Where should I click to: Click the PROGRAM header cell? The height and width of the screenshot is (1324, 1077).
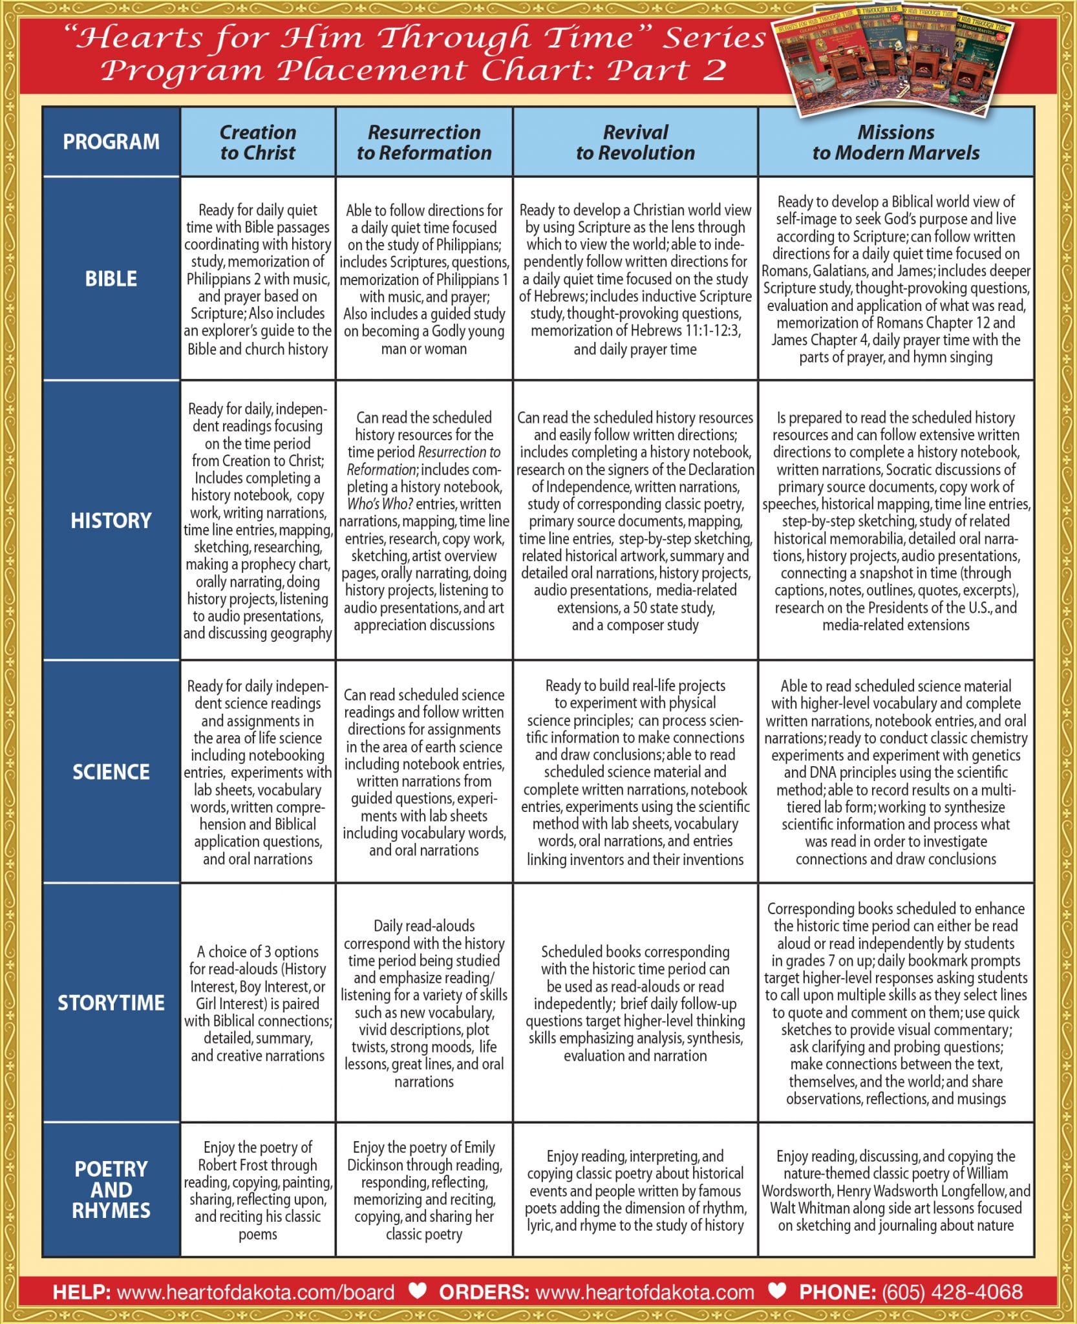(111, 142)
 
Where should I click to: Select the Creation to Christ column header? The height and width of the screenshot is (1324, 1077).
(258, 142)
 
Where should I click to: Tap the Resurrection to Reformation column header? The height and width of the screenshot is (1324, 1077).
(424, 142)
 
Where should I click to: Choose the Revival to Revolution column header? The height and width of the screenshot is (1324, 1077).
(635, 142)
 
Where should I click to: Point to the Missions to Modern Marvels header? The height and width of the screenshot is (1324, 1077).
(896, 142)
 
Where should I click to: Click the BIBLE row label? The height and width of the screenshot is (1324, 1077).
(111, 279)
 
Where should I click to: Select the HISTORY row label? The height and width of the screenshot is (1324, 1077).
(111, 520)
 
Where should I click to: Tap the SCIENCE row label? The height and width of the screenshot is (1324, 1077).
(111, 772)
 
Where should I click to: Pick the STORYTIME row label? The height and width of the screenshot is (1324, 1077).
(111, 1003)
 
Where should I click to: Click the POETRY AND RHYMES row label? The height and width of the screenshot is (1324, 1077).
(111, 1190)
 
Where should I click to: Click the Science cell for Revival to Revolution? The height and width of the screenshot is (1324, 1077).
(635, 772)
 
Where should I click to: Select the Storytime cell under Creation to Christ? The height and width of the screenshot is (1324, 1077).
(258, 1003)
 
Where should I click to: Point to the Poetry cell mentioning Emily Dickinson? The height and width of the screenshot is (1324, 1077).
(424, 1190)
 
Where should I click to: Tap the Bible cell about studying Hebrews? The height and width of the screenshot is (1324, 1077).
(635, 279)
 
